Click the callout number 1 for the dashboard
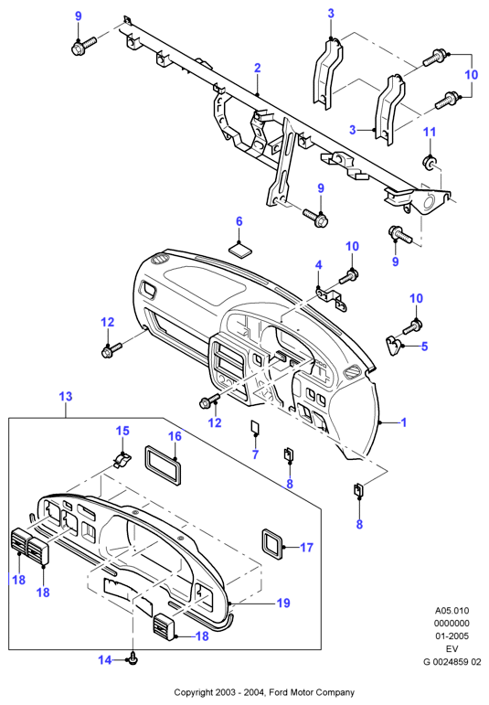click(404, 422)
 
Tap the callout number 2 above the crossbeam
click(257, 68)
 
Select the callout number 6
click(239, 221)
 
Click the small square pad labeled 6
click(241, 250)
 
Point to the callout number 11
click(431, 132)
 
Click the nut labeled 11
click(430, 163)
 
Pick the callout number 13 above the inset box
click(66, 397)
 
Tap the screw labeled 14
click(133, 659)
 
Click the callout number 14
click(105, 660)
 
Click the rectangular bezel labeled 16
click(163, 465)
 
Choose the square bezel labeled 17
click(272, 544)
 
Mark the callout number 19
click(283, 603)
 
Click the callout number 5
click(424, 347)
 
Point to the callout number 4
click(319, 264)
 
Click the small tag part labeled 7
click(255, 428)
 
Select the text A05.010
click(452, 611)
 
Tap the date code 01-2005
click(452, 636)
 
